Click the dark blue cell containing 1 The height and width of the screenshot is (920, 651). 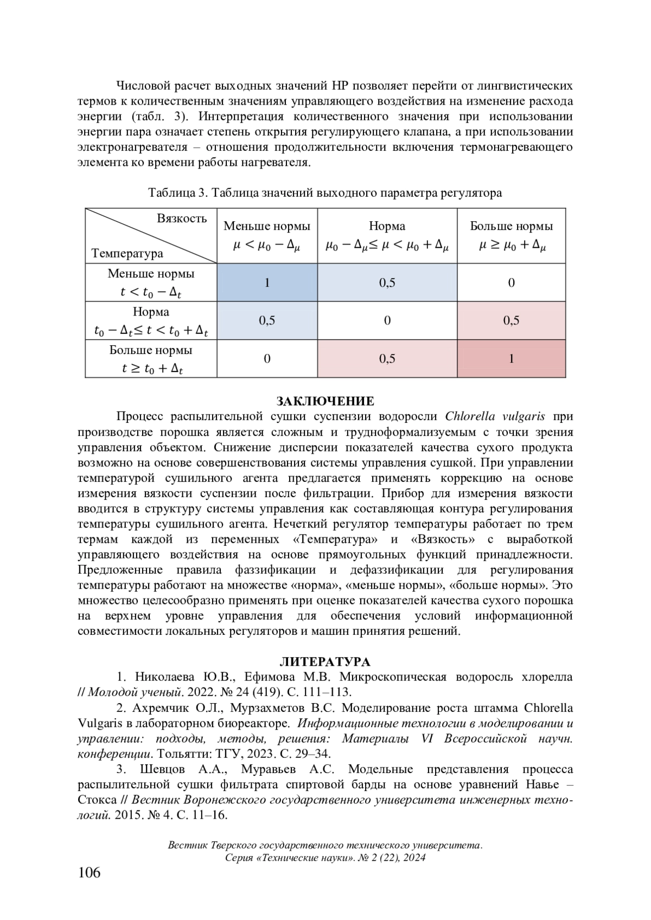click(x=267, y=282)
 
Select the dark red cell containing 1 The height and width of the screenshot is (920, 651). click(x=511, y=358)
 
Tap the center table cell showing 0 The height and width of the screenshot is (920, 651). click(x=387, y=320)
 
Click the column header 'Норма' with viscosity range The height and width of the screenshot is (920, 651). click(x=387, y=236)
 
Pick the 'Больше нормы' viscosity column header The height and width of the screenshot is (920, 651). click(x=511, y=236)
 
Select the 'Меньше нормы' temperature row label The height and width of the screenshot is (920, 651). click(x=151, y=282)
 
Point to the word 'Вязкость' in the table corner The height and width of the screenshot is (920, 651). click(x=182, y=218)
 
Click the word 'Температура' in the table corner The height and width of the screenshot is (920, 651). click(x=127, y=253)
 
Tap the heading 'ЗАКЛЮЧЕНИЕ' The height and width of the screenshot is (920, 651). click(x=325, y=401)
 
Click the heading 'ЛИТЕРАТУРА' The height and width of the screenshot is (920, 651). click(x=325, y=661)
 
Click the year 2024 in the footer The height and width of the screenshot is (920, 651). click(x=414, y=858)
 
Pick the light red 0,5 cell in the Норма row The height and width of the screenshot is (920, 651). click(x=511, y=320)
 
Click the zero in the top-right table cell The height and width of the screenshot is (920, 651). click(x=511, y=282)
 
